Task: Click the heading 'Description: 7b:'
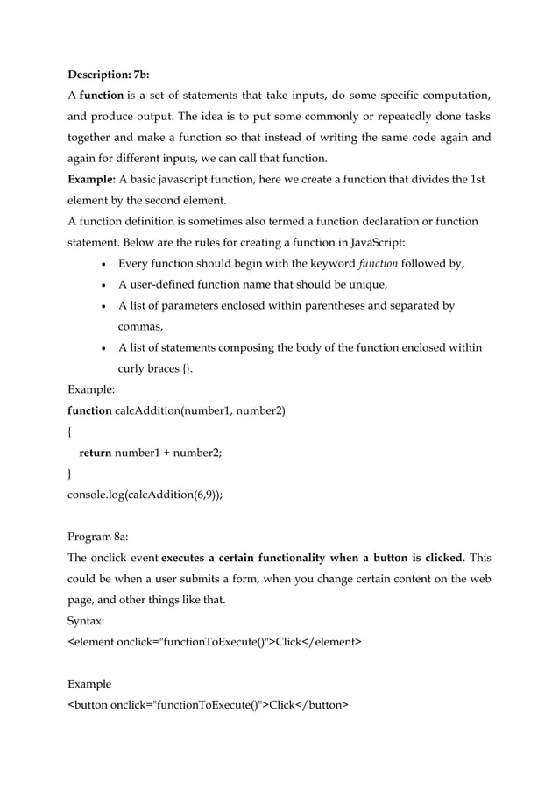108,73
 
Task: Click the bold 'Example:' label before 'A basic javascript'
92,180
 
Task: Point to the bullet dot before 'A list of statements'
104,348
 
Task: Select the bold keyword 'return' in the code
96,453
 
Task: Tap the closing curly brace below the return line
70,474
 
